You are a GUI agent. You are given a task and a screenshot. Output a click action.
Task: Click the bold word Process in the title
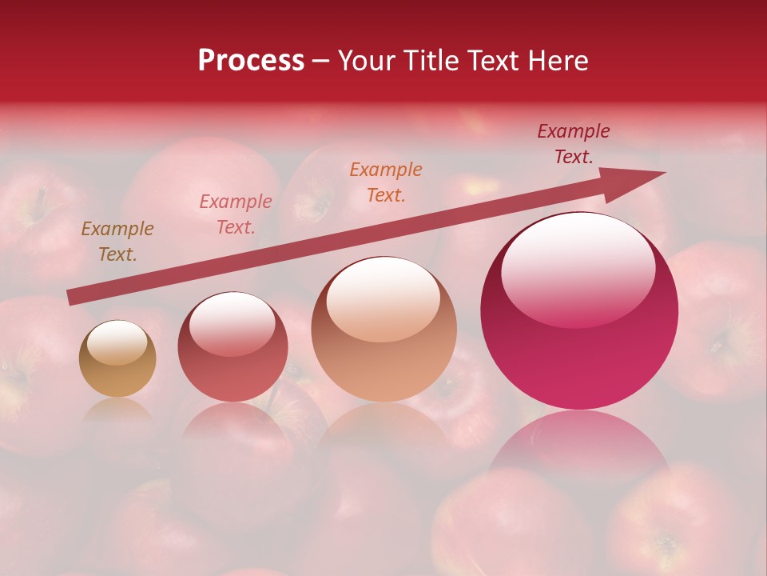pyautogui.click(x=251, y=61)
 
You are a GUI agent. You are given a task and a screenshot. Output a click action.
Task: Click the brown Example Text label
pyautogui.click(x=117, y=242)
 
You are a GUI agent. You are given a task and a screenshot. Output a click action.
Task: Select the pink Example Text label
pyautogui.click(x=236, y=214)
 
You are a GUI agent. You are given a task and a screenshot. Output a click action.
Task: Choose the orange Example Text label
pyautogui.click(x=386, y=182)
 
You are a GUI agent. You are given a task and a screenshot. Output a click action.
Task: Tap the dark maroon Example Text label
pyautogui.click(x=574, y=144)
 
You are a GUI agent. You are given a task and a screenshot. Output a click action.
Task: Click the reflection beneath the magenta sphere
pyautogui.click(x=579, y=448)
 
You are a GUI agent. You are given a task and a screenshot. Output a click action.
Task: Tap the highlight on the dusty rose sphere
pyautogui.click(x=232, y=324)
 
